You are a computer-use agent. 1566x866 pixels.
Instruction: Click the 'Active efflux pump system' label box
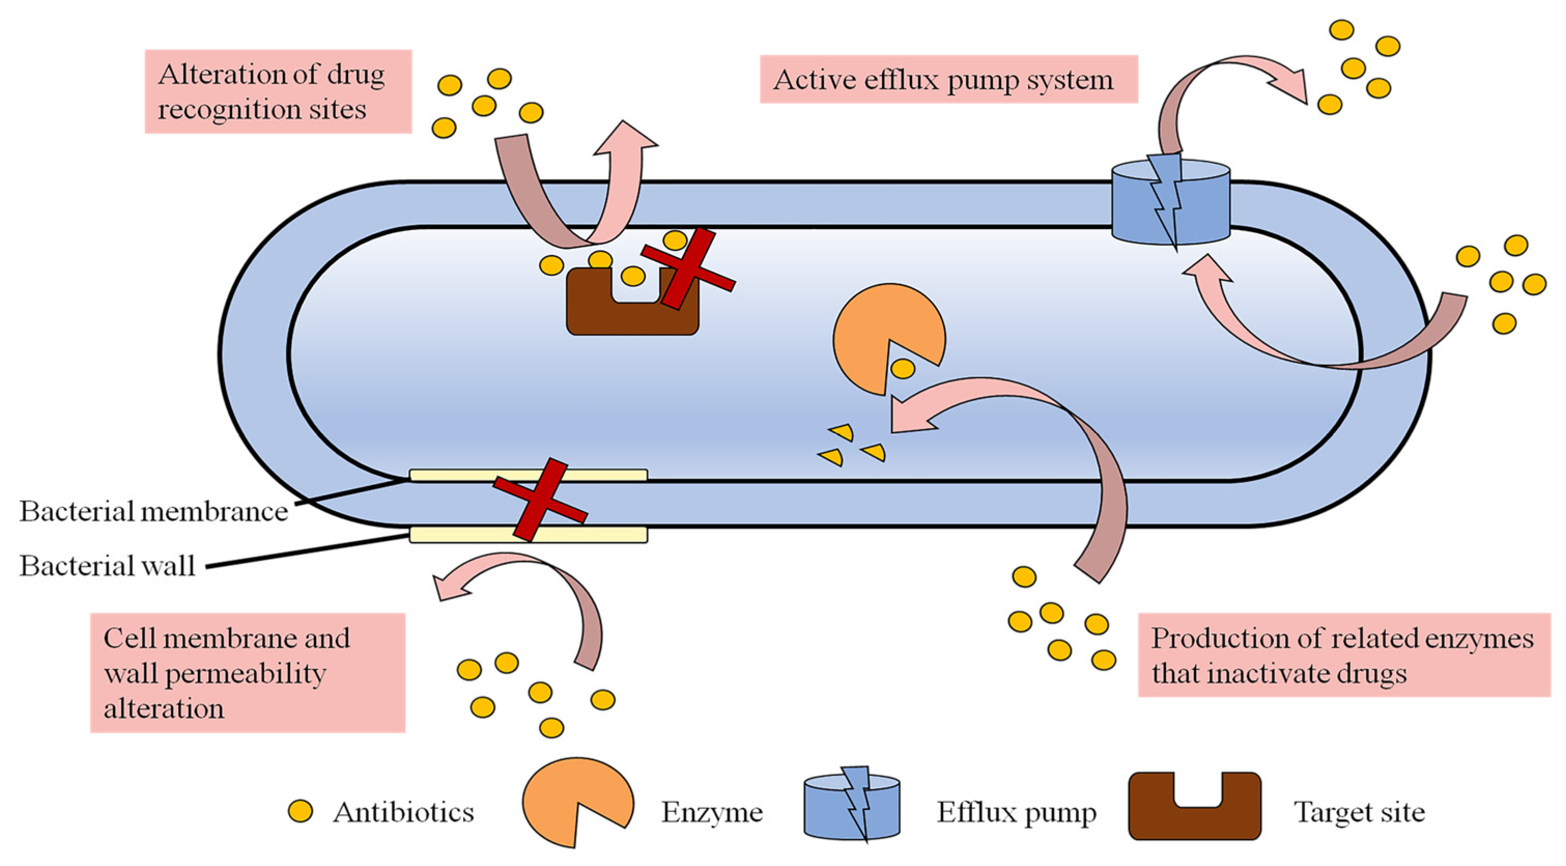948,79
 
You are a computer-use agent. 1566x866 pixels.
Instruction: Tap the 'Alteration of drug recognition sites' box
278,91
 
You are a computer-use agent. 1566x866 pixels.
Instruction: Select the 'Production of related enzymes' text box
1344,655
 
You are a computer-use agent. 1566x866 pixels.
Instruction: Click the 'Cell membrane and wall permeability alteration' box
247,672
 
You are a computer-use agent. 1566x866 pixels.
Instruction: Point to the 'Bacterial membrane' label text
153,511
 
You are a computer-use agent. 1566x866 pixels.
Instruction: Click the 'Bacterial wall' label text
107,565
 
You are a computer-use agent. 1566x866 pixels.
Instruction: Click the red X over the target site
689,269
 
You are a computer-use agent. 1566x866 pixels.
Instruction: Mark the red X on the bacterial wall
540,500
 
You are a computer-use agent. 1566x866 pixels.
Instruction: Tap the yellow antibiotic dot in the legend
300,811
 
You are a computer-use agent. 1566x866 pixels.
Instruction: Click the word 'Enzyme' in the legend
712,813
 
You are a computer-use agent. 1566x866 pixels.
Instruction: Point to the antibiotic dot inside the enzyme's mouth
902,368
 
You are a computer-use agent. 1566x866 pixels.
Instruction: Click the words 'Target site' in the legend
1359,813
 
